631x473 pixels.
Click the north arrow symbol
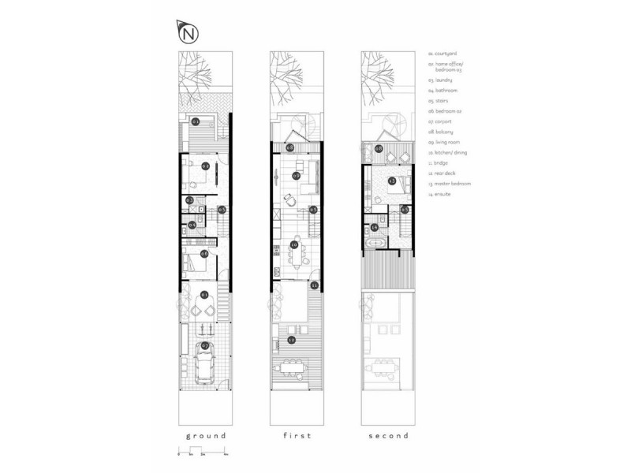coord(188,33)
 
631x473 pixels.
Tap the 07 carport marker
coord(204,345)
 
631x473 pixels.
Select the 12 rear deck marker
coord(293,340)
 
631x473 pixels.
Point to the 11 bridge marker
coord(315,285)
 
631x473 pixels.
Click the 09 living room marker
coord(296,175)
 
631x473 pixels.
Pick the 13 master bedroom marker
coord(392,181)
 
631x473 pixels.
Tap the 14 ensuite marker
coord(375,228)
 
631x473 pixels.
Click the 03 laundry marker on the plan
coord(190,200)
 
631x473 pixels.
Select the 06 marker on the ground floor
coord(204,253)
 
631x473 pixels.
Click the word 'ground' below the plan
coord(205,436)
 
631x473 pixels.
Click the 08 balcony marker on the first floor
coord(290,147)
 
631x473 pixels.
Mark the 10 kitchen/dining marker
coord(293,245)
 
